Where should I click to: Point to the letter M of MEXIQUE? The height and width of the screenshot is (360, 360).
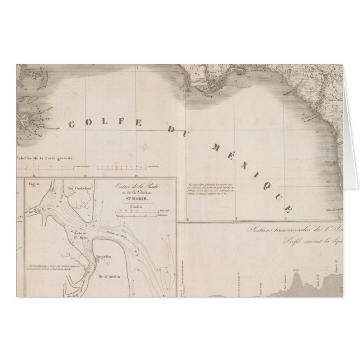(x=215, y=147)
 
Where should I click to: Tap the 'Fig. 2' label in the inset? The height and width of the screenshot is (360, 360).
(x=32, y=183)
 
